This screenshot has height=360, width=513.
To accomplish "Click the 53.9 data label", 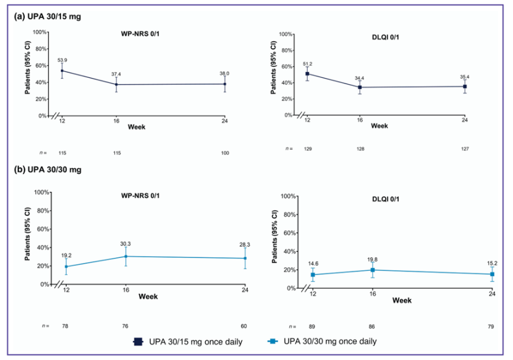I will coord(62,60).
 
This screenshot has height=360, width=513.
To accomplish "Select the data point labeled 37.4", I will coord(116,85).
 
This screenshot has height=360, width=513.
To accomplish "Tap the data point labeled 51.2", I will coord(307,74).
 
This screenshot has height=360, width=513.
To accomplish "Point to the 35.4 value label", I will coord(465,76).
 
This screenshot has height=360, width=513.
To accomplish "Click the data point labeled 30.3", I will coord(125,256).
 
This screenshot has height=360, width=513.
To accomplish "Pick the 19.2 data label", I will coord(66,255).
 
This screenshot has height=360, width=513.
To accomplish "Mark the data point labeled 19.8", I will coord(372,270).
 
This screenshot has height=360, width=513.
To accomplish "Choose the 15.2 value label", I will coord(492,263).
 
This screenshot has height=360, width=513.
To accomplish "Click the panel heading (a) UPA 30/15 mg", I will coord(47,17).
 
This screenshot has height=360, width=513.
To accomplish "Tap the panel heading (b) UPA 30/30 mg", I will coord(47,169).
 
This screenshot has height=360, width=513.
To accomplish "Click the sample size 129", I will coord(307,148).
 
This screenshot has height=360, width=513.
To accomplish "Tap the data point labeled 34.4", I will coord(360,87).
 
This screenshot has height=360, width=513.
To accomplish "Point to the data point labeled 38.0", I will coord(224,84).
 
